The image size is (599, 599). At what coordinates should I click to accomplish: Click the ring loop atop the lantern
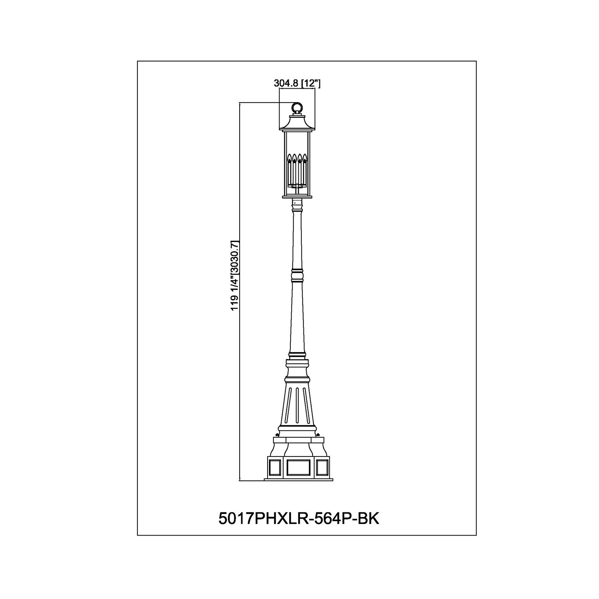297,103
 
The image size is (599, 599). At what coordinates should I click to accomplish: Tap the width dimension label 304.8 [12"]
298,83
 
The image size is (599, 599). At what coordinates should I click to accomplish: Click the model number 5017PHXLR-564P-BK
299,519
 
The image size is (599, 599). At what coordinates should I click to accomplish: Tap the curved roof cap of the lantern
297,121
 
